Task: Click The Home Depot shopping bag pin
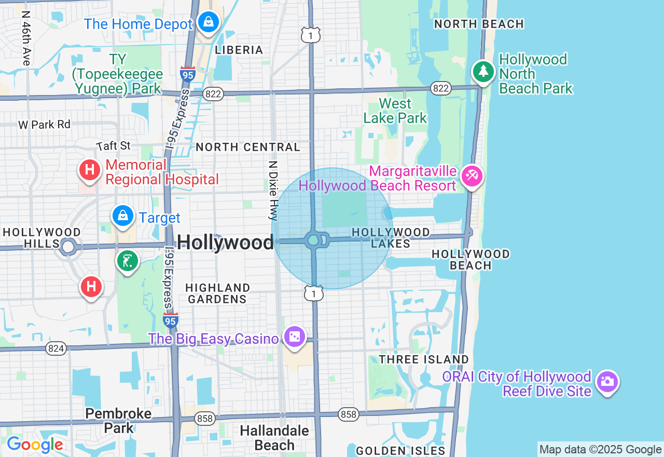pyautogui.click(x=208, y=22)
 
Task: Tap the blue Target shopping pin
pyautogui.click(x=123, y=216)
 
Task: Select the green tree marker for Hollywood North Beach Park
pyautogui.click(x=483, y=71)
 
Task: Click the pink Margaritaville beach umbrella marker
pyautogui.click(x=472, y=176)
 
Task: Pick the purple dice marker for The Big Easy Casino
pyautogui.click(x=295, y=337)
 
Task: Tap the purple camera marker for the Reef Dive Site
pyautogui.click(x=607, y=382)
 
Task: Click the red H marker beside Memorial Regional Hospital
pyautogui.click(x=89, y=170)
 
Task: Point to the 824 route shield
pyautogui.click(x=56, y=348)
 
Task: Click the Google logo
pyautogui.click(x=35, y=445)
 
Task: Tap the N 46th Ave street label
pyautogui.click(x=26, y=39)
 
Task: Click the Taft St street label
pyautogui.click(x=114, y=146)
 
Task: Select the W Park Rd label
pyautogui.click(x=44, y=125)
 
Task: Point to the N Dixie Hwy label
pyautogui.click(x=273, y=190)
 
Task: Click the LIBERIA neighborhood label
pyautogui.click(x=239, y=50)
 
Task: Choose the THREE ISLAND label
pyautogui.click(x=424, y=359)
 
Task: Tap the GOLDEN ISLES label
pyautogui.click(x=400, y=451)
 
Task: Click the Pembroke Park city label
pyautogui.click(x=119, y=421)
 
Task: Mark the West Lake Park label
pyautogui.click(x=395, y=111)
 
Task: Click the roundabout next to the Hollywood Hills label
pyautogui.click(x=68, y=247)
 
